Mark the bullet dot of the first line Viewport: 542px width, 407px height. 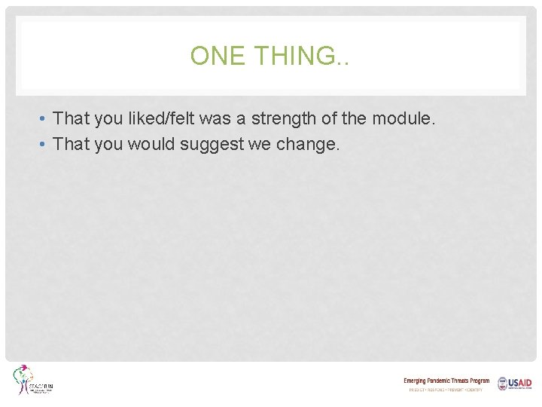click(x=45, y=119)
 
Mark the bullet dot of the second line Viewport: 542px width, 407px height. click(x=45, y=145)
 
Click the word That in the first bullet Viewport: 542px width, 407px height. click(x=72, y=118)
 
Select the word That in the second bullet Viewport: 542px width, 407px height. click(x=72, y=144)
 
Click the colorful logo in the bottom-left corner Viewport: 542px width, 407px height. click(x=32, y=381)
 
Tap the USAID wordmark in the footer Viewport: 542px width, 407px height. click(x=520, y=384)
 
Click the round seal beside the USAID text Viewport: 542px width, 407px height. click(x=501, y=384)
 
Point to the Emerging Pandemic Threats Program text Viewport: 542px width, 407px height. click(x=446, y=381)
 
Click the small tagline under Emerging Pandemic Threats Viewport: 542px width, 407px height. click(x=446, y=390)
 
